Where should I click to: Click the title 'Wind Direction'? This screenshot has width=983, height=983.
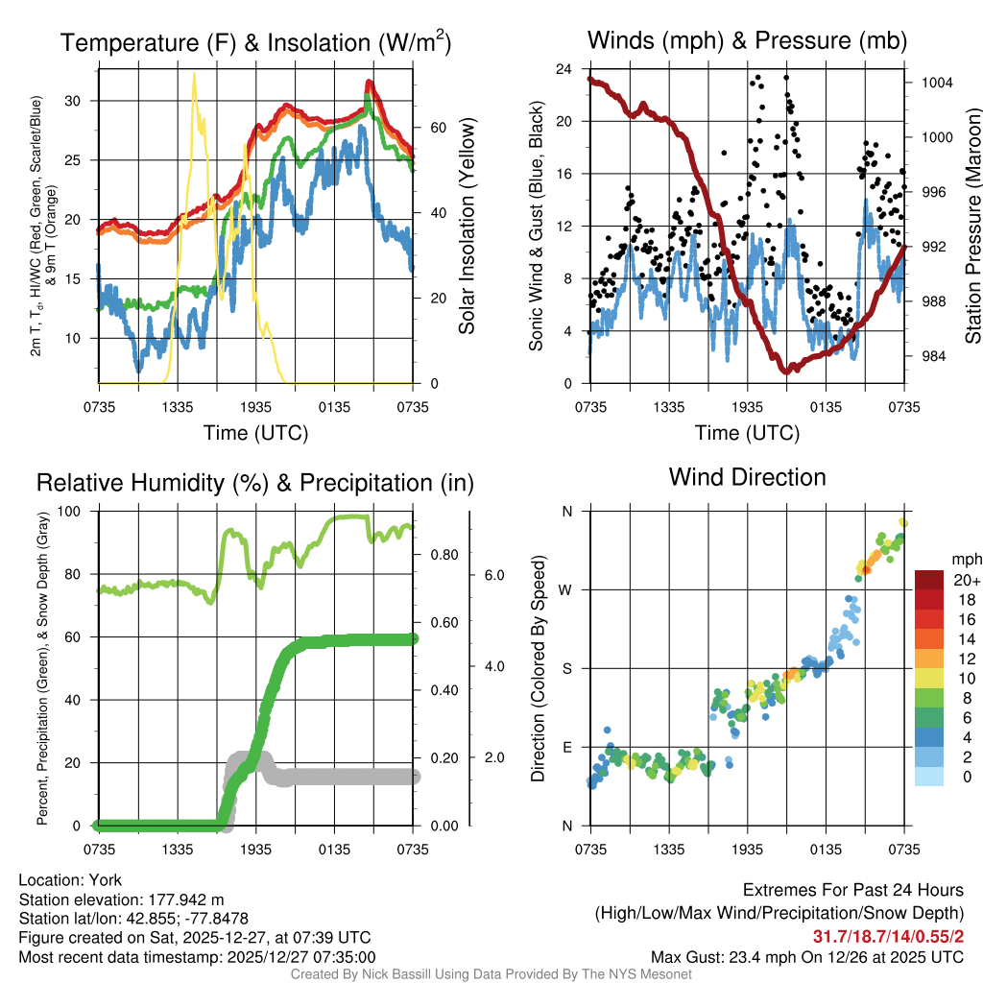[x=747, y=477]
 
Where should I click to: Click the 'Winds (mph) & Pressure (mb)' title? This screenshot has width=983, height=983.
[x=747, y=41]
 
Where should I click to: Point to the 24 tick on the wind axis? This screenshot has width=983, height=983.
[x=564, y=69]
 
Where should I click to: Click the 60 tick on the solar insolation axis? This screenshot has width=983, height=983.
[x=435, y=128]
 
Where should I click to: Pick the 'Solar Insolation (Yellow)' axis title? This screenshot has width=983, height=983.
[x=468, y=227]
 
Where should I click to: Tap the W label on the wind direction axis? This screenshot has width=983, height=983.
[x=567, y=589]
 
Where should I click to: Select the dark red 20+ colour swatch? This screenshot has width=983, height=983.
[x=929, y=580]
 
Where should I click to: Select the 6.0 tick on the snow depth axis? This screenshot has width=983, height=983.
[x=491, y=575]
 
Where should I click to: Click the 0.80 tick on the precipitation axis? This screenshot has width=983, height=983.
[x=442, y=554]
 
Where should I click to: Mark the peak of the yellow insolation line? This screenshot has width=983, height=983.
[x=194, y=73]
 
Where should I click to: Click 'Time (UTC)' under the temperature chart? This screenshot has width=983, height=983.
[x=255, y=433]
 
